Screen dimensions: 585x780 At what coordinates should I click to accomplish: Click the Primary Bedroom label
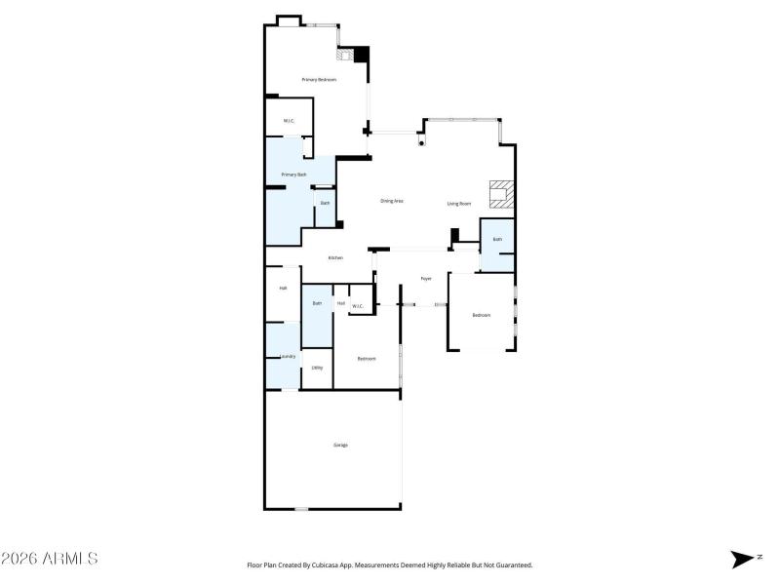[x=319, y=79]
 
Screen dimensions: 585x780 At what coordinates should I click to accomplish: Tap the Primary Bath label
[x=293, y=175]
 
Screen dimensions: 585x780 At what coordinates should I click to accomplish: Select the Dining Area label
[x=392, y=201]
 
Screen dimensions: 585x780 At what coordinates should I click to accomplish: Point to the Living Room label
[x=459, y=204]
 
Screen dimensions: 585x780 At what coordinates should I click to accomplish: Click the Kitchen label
[x=335, y=257]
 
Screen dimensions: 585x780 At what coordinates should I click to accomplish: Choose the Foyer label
[x=426, y=279]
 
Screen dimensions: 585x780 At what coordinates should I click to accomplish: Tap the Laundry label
[x=287, y=357]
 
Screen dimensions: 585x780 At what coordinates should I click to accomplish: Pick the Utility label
[x=317, y=368]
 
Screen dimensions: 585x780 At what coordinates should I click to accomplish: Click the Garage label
[x=341, y=445]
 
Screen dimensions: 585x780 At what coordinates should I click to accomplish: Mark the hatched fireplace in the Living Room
[x=501, y=195]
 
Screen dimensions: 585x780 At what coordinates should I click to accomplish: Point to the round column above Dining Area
[x=421, y=143]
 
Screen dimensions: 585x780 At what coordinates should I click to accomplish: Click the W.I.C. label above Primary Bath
[x=290, y=121]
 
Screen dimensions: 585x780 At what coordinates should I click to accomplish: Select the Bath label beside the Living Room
[x=497, y=239]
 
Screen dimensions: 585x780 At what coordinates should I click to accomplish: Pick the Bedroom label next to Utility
[x=367, y=359]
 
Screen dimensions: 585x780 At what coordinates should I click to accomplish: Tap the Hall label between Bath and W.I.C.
[x=341, y=303]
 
